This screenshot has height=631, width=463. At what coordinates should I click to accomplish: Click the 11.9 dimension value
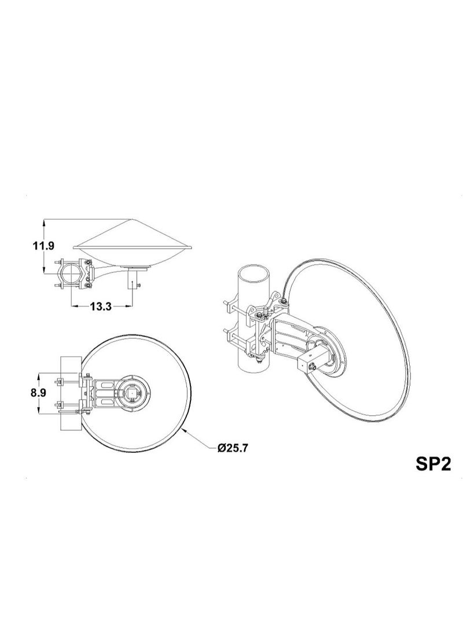43,245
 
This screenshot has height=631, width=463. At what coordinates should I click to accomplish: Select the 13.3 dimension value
100,307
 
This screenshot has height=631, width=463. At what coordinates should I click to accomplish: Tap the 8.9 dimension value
38,393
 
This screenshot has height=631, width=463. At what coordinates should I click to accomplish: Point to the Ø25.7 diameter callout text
232,448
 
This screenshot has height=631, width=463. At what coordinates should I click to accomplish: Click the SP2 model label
433,464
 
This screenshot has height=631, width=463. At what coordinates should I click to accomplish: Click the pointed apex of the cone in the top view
130,219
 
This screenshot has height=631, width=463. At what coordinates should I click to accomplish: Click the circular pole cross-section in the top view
71,274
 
